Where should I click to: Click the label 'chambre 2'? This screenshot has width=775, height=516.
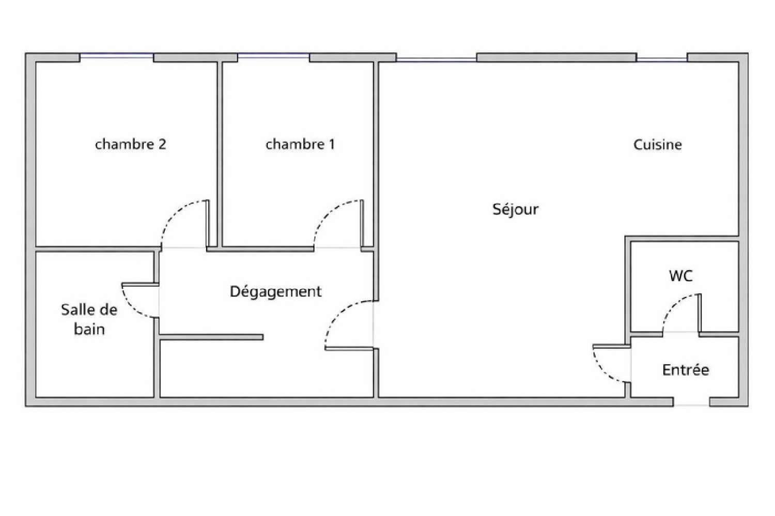pos(131,144)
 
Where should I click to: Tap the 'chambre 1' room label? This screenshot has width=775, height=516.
pos(300,144)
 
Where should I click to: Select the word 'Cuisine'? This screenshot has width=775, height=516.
pos(657,145)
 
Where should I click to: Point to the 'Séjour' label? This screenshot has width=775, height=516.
pos(515,209)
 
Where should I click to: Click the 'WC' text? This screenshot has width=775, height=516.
pos(680,276)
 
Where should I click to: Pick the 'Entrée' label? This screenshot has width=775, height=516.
pos(686,370)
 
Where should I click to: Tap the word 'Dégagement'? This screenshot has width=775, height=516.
pos(275,292)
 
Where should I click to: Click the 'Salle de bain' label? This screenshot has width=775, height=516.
pos(89,319)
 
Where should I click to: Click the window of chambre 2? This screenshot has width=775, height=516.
pos(117,56)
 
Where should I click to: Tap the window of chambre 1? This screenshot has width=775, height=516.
pos(274,56)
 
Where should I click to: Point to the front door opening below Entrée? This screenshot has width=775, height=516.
pos(691,402)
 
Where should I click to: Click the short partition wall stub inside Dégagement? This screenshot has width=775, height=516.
pos(212,337)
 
